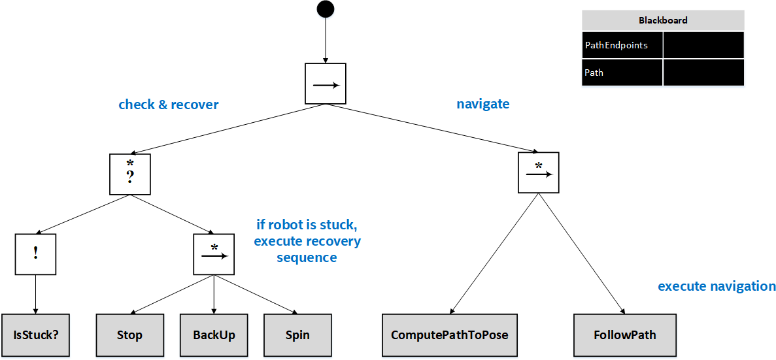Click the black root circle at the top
tap(325, 9)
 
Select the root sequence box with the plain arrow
tap(326, 84)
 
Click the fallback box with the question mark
tap(129, 174)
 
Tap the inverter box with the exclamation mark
tap(35, 254)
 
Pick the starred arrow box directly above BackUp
tap(214, 254)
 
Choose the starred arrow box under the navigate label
tap(539, 172)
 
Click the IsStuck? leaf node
tap(35, 335)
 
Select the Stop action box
tap(129, 335)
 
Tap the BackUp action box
tap(214, 335)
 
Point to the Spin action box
tap(297, 335)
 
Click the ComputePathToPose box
tap(450, 335)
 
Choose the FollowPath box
tap(625, 335)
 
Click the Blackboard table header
tap(663, 20)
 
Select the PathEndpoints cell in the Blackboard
tap(622, 45)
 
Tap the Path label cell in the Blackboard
tap(622, 73)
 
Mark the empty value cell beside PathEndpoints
tap(703, 45)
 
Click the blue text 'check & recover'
tap(169, 105)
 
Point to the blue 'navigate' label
tap(482, 104)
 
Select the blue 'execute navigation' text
tap(717, 286)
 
